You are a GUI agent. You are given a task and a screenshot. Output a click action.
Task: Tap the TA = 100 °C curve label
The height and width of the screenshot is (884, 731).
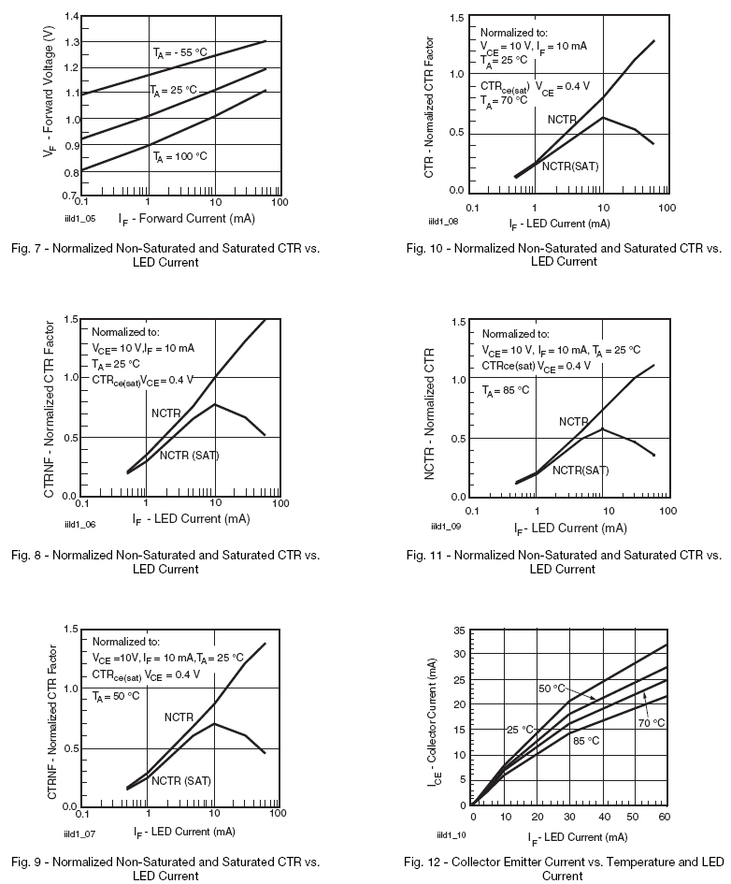tap(182, 157)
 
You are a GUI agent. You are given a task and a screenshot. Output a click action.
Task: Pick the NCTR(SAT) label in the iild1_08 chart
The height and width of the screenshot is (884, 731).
tap(570, 166)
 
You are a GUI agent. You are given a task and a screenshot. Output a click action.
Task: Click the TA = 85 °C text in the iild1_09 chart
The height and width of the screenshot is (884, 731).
tap(506, 389)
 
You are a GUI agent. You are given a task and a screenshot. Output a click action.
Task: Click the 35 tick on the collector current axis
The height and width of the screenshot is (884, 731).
tap(461, 631)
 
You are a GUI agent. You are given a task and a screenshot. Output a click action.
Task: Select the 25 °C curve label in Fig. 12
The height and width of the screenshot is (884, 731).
tap(520, 730)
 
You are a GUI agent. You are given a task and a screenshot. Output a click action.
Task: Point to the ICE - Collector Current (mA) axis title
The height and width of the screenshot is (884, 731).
tap(436, 719)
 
